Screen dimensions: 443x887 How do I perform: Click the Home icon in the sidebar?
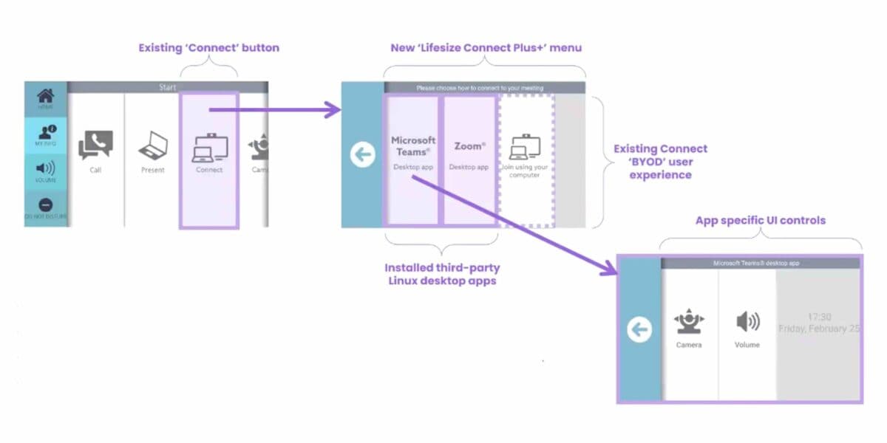point(45,96)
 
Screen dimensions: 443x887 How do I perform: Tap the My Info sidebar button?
point(45,132)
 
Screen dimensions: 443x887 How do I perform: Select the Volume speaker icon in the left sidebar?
point(45,169)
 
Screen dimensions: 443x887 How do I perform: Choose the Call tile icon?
point(95,145)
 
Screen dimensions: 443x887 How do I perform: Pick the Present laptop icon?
point(153,147)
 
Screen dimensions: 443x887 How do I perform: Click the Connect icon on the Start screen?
point(209,148)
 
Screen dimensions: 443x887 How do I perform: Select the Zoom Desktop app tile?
point(469,155)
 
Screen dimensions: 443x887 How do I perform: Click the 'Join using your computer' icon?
point(526,148)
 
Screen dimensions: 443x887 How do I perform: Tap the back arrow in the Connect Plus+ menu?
point(362,155)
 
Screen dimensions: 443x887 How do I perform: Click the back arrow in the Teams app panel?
point(639,329)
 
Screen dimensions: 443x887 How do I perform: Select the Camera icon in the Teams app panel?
point(688,323)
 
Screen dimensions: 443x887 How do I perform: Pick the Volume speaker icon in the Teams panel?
point(747,322)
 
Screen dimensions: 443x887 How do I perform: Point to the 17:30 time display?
point(819,315)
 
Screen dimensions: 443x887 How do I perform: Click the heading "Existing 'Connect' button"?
point(209,48)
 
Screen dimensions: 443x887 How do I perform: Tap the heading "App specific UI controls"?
point(761,220)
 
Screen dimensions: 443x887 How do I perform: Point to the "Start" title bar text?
point(168,87)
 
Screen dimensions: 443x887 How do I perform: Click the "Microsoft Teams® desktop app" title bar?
point(761,263)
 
